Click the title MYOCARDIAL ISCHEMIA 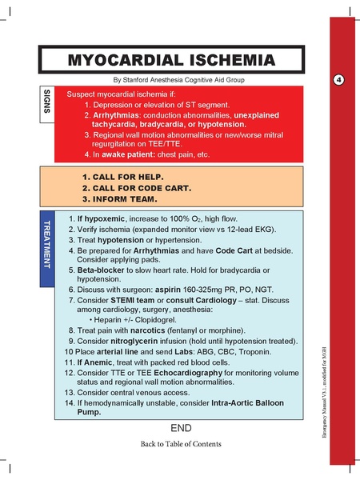point(171,60)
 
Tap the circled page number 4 point(338,80)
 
